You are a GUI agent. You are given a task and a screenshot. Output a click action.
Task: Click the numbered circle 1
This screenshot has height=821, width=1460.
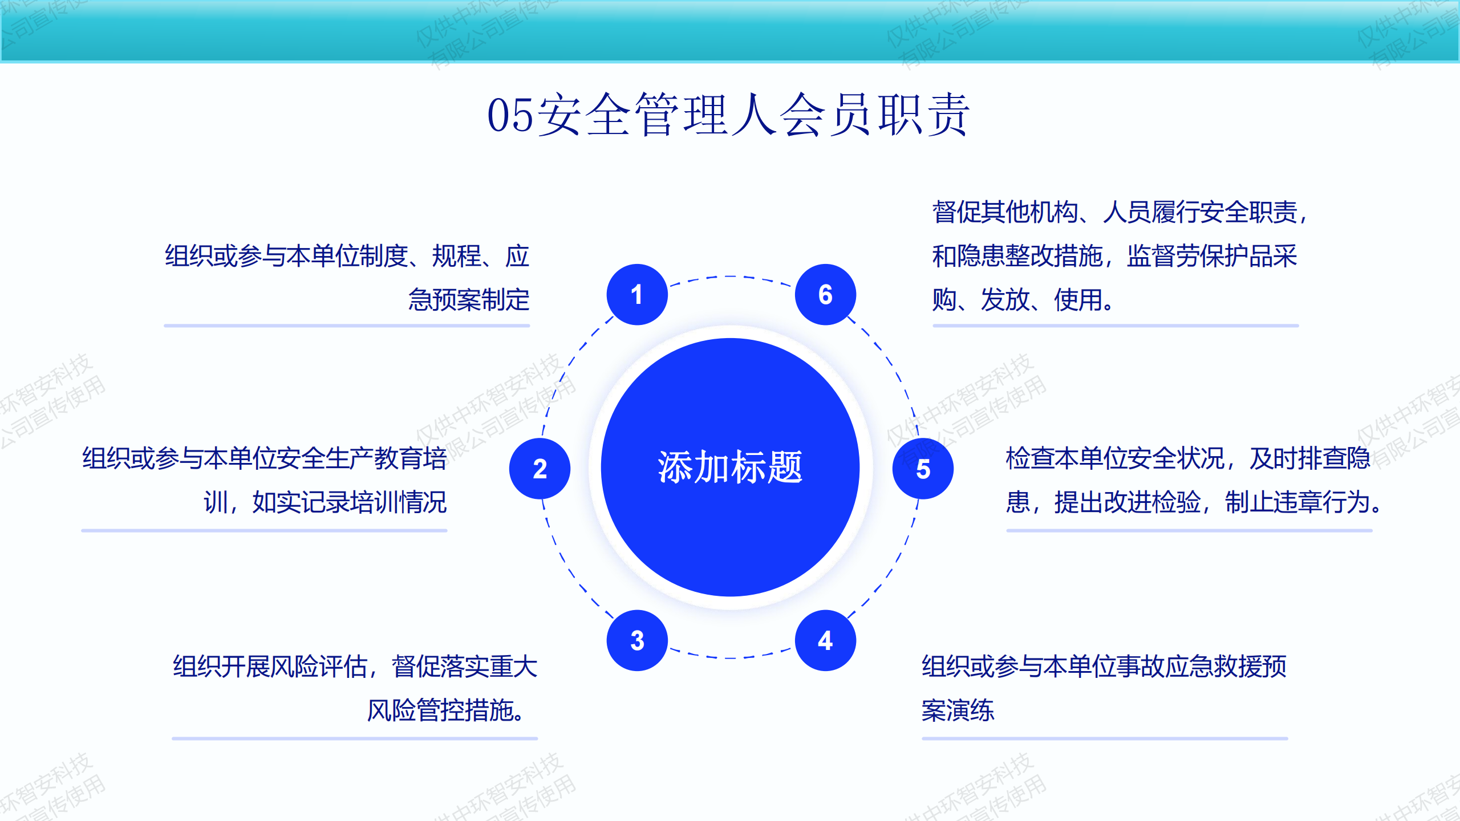(x=637, y=295)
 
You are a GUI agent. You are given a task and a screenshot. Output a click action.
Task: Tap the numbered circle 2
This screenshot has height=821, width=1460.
(x=540, y=469)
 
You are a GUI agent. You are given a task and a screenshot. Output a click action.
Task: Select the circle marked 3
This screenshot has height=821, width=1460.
(x=637, y=640)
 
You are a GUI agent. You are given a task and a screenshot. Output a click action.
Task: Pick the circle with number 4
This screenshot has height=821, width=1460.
(x=825, y=640)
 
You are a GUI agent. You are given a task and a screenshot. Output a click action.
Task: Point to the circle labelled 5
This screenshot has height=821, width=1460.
(x=923, y=469)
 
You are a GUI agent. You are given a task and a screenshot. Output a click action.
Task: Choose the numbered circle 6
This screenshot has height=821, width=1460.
(x=825, y=295)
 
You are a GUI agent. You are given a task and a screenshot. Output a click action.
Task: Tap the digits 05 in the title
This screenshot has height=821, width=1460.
(x=511, y=116)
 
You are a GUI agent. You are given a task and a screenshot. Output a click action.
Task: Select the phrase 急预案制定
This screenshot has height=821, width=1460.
(x=469, y=300)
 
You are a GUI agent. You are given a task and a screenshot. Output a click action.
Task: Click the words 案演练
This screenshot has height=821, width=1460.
(x=958, y=710)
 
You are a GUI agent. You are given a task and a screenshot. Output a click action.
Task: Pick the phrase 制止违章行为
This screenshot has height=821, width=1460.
(x=1297, y=502)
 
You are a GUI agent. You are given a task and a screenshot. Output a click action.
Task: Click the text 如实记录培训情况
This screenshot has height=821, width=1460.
(x=350, y=502)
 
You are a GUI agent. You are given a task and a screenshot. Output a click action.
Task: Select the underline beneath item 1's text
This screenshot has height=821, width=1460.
(x=347, y=326)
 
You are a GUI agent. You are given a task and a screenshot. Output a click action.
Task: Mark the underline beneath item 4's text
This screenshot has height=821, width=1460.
(x=1105, y=738)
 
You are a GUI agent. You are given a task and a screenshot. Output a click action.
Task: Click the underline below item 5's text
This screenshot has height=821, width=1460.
(x=1189, y=530)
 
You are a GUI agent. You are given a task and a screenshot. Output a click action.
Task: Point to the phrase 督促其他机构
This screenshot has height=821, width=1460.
(x=1005, y=212)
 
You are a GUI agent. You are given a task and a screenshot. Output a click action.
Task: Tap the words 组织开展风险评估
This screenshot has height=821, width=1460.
(x=270, y=666)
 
